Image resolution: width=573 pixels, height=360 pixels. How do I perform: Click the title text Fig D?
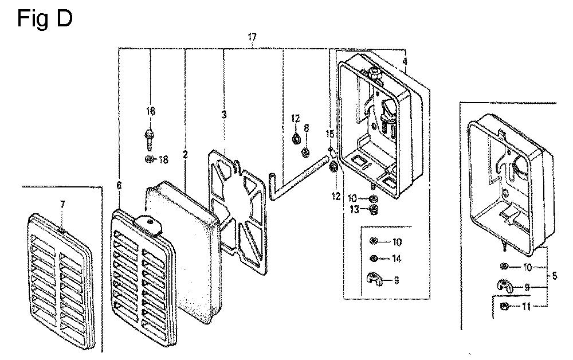45,19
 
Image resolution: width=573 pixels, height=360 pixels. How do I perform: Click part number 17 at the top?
252,37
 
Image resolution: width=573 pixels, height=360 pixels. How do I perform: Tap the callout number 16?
150,111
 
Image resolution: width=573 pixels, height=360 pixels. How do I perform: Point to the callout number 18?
163,160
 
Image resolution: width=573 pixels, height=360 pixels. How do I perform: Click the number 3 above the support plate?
224,115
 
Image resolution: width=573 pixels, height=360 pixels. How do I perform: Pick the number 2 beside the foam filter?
185,154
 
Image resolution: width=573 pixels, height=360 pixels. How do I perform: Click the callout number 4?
405,61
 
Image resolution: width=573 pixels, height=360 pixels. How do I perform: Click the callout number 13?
355,210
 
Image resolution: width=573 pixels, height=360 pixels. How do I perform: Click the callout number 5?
554,276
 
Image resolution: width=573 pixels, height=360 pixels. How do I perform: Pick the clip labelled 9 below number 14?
374,280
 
